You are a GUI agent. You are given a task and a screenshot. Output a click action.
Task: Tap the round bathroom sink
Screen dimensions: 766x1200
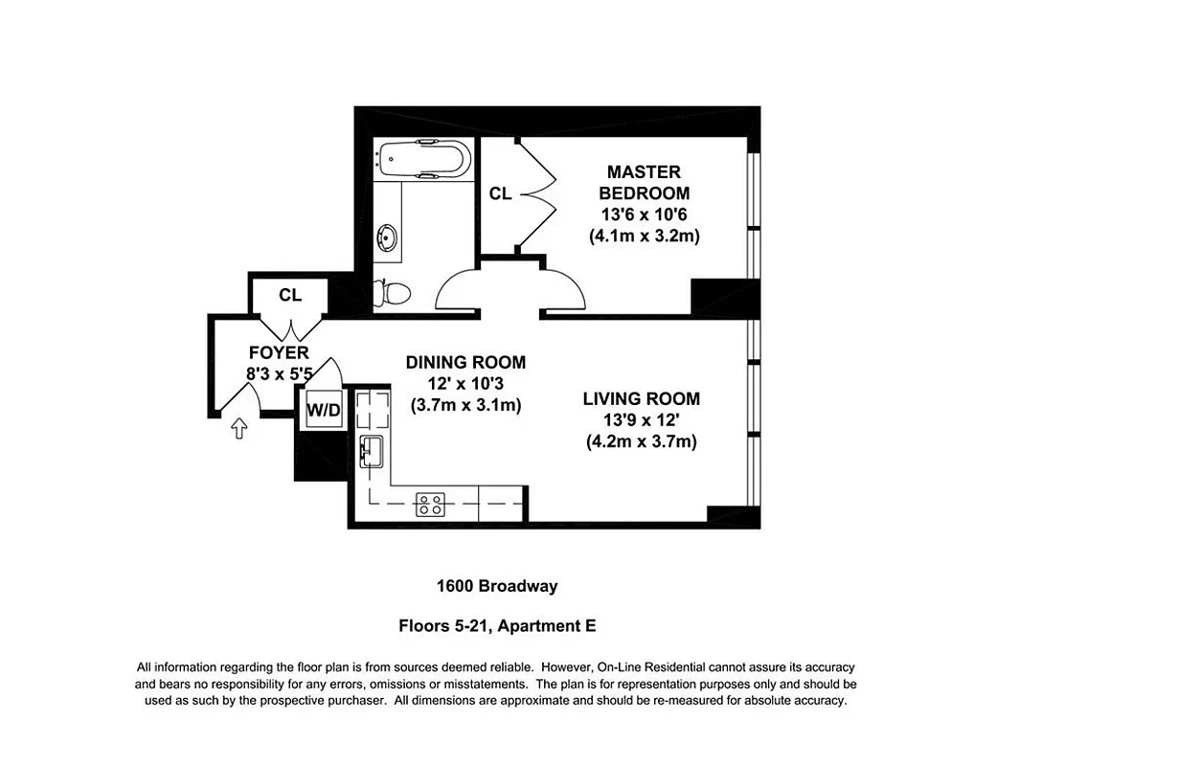click(x=389, y=237)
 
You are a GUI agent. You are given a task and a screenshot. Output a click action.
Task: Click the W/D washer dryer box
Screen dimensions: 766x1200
click(x=323, y=410)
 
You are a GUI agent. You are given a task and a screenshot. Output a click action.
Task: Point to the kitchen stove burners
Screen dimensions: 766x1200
click(x=430, y=504)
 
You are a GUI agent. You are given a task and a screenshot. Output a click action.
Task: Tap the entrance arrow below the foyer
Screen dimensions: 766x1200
click(x=238, y=429)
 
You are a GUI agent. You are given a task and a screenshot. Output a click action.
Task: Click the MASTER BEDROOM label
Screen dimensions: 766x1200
click(x=644, y=182)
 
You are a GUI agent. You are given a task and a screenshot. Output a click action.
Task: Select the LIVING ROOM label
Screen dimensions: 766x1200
click(x=641, y=398)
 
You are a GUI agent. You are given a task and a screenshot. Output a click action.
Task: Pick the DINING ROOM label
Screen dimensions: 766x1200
click(x=465, y=362)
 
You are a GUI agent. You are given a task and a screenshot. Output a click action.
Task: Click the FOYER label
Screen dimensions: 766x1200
click(x=279, y=352)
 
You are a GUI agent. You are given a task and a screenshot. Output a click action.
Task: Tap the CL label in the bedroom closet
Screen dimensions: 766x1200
click(x=500, y=193)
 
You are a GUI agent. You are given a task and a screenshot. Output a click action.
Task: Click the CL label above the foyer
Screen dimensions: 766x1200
click(x=290, y=295)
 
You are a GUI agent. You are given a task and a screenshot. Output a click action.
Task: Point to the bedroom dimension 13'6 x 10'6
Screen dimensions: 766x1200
click(x=644, y=214)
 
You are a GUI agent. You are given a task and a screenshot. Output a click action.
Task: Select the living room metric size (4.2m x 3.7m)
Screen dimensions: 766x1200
click(x=641, y=441)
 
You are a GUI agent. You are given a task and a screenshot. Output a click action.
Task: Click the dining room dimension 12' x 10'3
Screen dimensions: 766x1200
click(x=465, y=384)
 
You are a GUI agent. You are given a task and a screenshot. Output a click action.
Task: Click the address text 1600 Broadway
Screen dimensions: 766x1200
click(x=497, y=586)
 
